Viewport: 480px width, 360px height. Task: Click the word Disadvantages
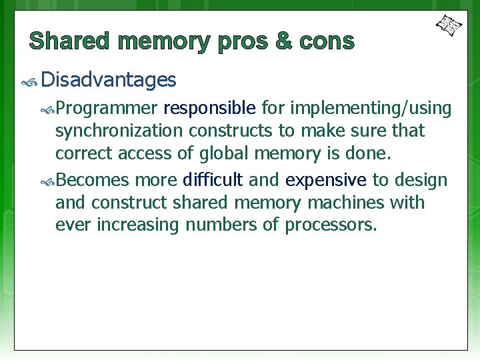pyautogui.click(x=109, y=81)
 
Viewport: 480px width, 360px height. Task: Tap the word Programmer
pyautogui.click(x=107, y=108)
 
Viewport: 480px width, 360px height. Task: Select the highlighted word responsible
pyautogui.click(x=209, y=108)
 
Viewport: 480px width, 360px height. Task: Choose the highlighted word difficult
pyautogui.click(x=213, y=180)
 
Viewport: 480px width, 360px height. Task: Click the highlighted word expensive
pyautogui.click(x=326, y=181)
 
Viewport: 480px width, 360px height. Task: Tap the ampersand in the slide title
pyautogui.click(x=283, y=41)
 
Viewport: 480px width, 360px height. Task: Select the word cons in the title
pyautogui.click(x=327, y=41)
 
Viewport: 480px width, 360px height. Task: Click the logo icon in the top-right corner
pyautogui.click(x=449, y=26)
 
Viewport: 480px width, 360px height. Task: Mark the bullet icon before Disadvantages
pyautogui.click(x=29, y=82)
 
